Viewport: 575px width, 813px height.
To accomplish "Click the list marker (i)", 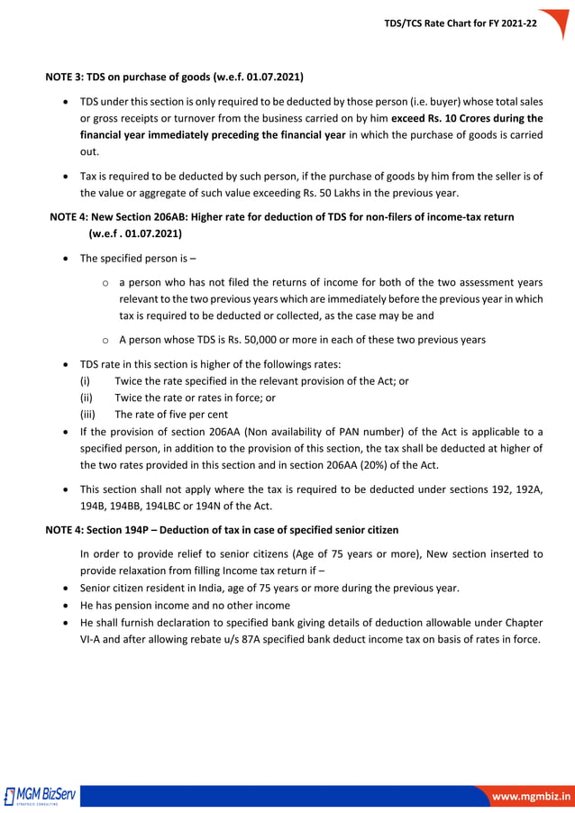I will coord(86,381).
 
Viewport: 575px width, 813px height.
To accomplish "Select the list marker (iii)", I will coord(87,415).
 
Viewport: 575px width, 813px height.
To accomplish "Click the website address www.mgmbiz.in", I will coord(529,796).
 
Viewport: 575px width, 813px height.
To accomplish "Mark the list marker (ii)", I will coord(87,397).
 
